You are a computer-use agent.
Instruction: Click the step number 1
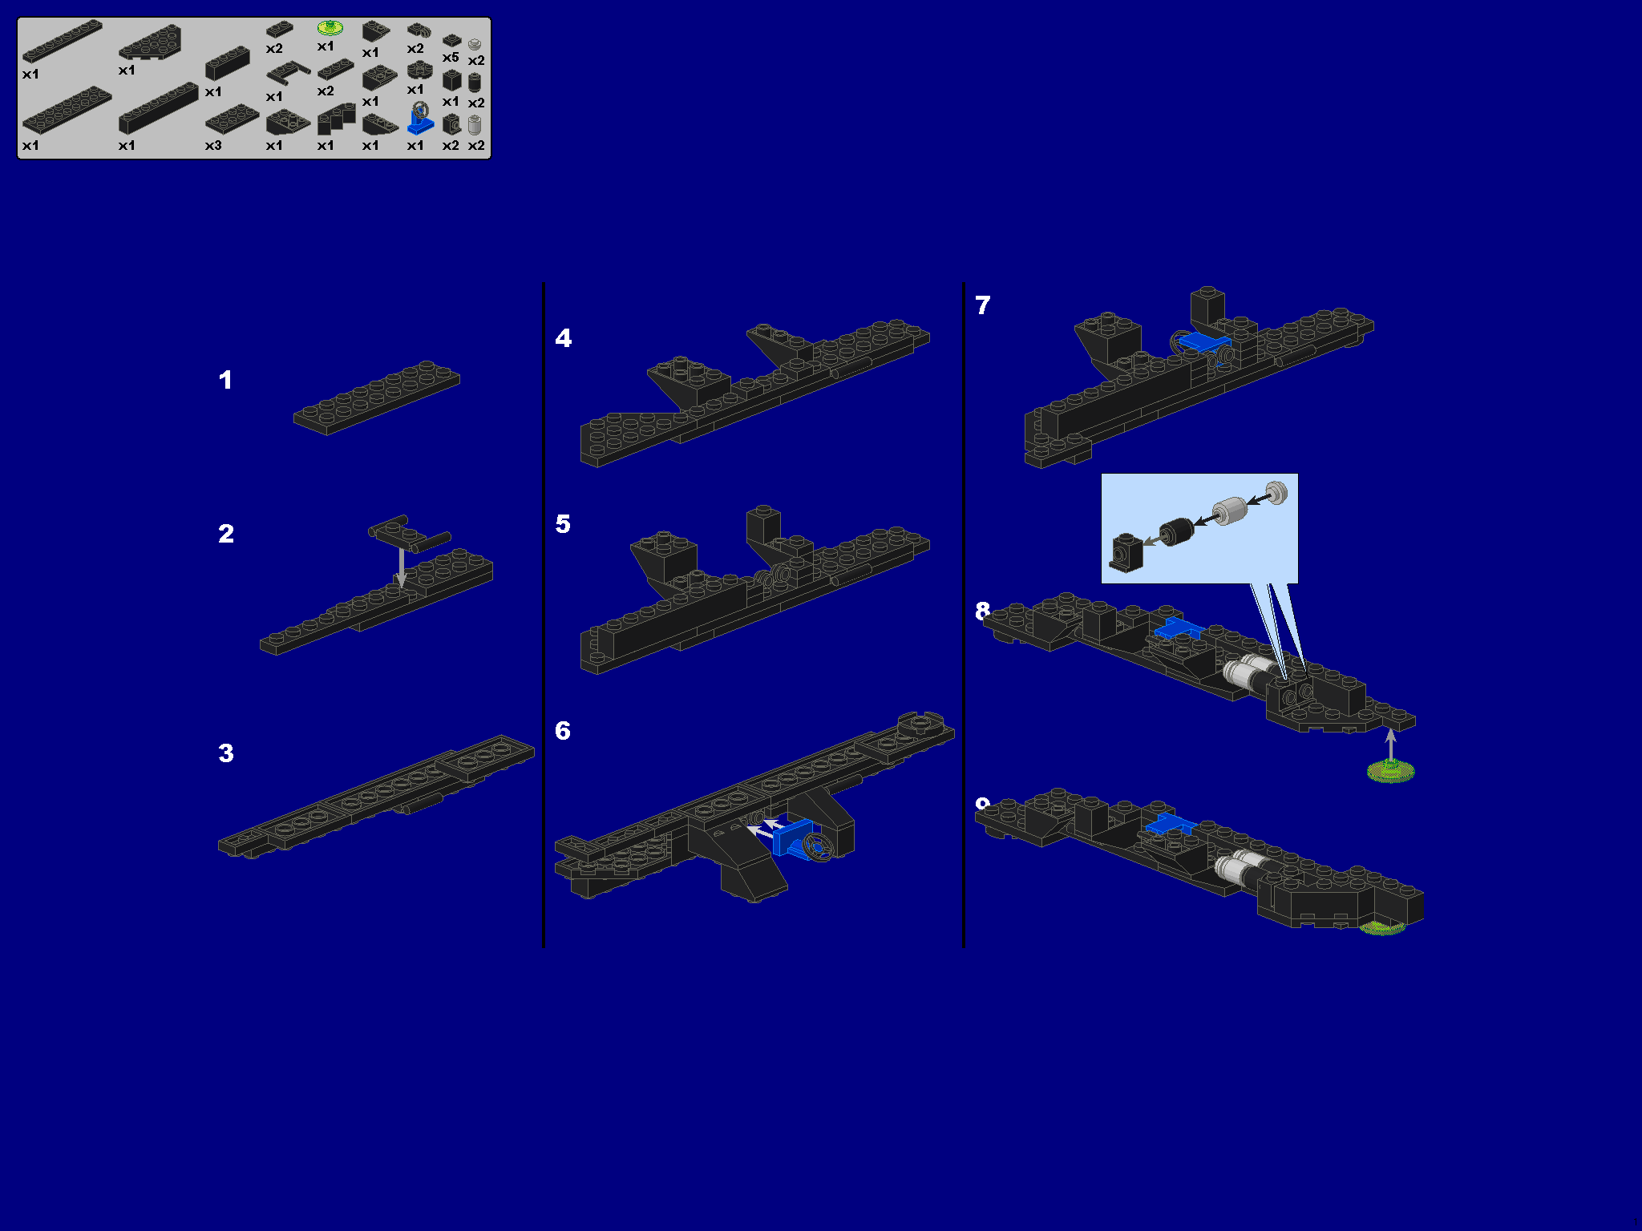225,380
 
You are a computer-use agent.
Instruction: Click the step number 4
564,338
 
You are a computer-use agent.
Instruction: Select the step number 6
563,731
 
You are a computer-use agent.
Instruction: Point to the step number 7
983,305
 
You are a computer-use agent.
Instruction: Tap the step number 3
226,753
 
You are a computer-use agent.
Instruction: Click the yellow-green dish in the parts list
330,28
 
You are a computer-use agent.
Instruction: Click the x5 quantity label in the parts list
451,58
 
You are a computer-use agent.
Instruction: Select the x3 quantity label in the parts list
213,146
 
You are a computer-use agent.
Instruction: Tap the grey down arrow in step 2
402,566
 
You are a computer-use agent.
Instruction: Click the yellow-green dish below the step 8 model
1390,772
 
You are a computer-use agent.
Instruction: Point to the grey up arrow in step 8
1391,743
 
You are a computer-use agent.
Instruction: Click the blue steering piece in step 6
794,837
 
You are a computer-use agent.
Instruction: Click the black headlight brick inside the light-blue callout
1126,552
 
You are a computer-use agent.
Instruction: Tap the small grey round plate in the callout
1276,492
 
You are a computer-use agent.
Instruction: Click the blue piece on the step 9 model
1171,825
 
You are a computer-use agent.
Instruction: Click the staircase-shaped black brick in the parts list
335,120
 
